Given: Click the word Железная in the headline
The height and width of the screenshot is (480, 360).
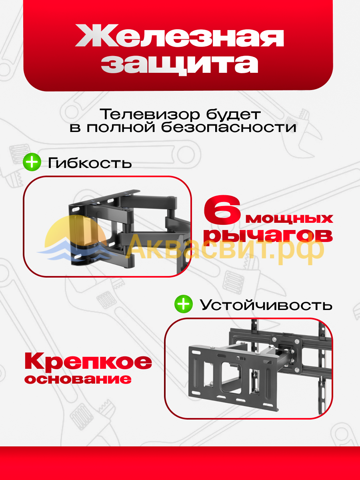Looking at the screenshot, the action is [x=180, y=36].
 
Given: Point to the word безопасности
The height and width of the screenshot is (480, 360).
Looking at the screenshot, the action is [x=229, y=128].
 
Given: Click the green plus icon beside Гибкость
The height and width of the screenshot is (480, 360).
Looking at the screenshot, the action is [x=32, y=162].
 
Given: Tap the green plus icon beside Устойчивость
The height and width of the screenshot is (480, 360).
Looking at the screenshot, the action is [x=184, y=304].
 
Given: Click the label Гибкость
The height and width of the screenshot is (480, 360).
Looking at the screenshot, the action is [x=90, y=163].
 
